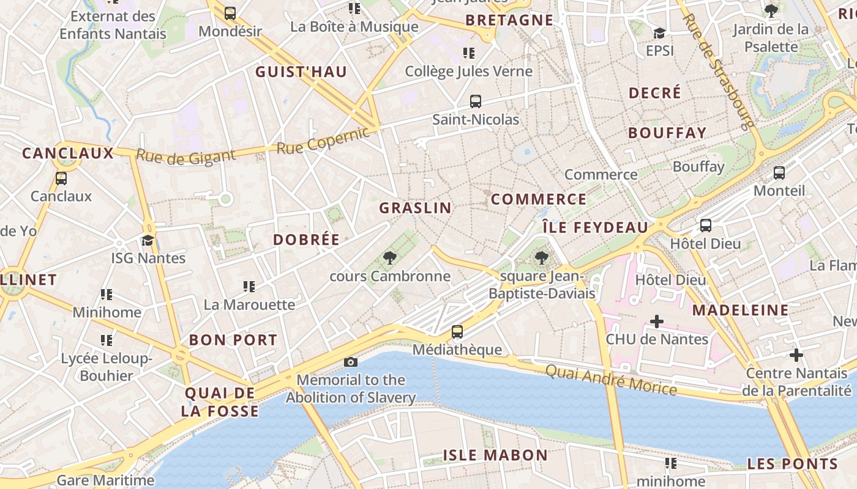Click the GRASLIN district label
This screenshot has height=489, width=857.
(x=415, y=208)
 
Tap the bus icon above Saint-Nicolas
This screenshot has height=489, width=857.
(x=476, y=101)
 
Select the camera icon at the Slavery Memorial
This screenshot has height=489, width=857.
(x=351, y=362)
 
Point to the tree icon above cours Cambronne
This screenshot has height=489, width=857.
(x=389, y=258)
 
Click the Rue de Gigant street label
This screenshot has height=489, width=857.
(x=185, y=156)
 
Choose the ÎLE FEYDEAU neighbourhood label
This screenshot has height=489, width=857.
(x=595, y=227)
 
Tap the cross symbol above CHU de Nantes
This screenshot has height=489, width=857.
(x=657, y=322)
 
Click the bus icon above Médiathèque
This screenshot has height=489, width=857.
(x=457, y=332)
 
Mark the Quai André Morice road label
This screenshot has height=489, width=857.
(x=611, y=380)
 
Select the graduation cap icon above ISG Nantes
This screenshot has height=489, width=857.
(x=148, y=240)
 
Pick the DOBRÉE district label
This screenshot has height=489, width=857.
(x=306, y=240)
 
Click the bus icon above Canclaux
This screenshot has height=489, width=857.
(x=61, y=178)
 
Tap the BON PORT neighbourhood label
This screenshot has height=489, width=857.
(x=233, y=340)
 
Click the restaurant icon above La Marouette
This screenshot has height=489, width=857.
(x=249, y=286)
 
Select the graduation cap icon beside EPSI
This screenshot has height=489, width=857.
(x=659, y=33)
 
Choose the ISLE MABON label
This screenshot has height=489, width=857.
(x=495, y=455)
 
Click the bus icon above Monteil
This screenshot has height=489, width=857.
(x=779, y=173)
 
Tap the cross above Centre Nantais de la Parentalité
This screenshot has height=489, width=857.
(x=796, y=355)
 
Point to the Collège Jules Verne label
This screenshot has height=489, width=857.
(x=469, y=72)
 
